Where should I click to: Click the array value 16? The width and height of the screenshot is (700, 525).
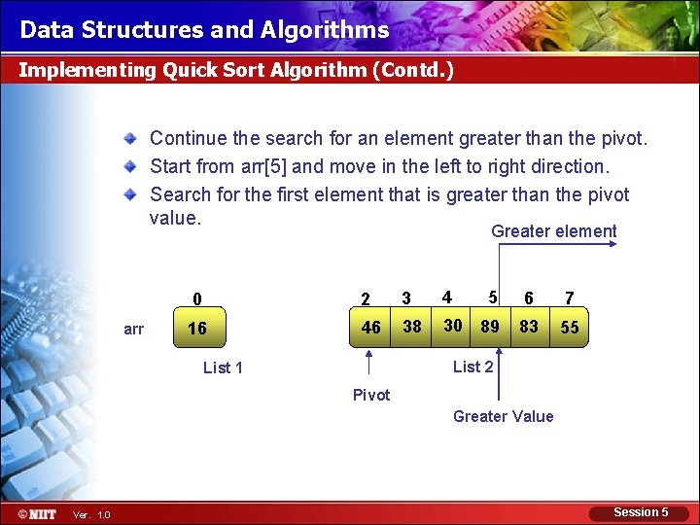pos(196,329)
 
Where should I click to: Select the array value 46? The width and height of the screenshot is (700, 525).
pos(370,328)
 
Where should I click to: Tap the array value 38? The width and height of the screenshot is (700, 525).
pos(412,327)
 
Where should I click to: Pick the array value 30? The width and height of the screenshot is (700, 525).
pos(452,326)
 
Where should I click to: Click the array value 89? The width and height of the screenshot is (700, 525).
pos(490,326)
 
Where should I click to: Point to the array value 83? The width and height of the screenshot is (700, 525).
pos(529,326)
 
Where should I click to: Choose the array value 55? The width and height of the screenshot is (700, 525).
pos(570,328)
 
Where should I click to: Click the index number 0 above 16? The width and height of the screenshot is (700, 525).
pos(196,299)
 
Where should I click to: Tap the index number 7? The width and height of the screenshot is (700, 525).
pos(570,298)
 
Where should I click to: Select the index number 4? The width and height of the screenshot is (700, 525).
pos(446,297)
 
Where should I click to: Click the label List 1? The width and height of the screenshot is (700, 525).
pos(223,367)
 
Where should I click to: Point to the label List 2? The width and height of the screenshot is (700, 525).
pos(473,367)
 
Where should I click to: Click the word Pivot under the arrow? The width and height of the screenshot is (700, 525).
pos(371,395)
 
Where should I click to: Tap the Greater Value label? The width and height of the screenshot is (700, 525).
pos(503,416)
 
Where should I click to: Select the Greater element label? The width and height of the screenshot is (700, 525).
pos(553,231)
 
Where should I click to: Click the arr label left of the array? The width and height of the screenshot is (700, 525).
pos(134,329)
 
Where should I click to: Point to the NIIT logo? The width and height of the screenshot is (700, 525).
pos(37,513)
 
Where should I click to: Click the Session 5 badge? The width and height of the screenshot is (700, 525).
pos(641,512)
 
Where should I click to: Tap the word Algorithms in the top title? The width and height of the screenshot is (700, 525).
pos(325,30)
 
